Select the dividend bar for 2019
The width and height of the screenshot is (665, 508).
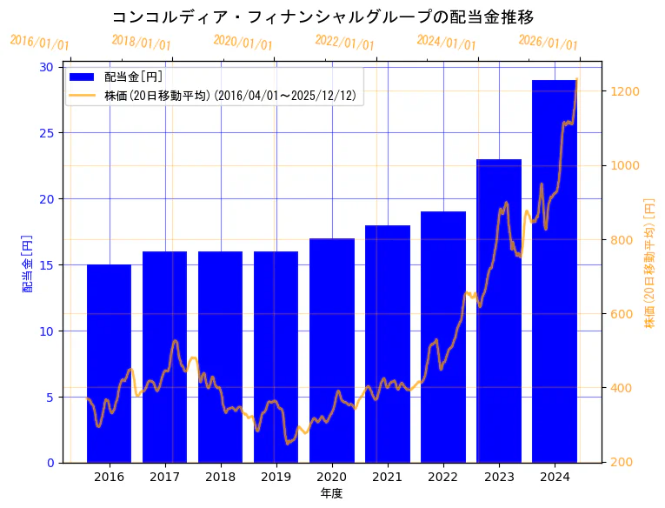click(276, 357)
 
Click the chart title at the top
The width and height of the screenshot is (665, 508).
click(323, 17)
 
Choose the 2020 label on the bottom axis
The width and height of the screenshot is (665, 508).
click(332, 477)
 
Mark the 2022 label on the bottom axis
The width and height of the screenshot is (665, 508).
click(443, 477)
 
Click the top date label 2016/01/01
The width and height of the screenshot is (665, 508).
click(40, 43)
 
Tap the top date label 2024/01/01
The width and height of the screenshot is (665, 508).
click(447, 42)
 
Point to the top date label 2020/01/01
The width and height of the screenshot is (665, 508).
click(243, 42)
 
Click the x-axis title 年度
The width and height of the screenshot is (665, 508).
click(331, 493)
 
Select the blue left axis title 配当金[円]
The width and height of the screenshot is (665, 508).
click(28, 263)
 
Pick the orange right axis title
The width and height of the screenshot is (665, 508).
click(649, 263)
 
